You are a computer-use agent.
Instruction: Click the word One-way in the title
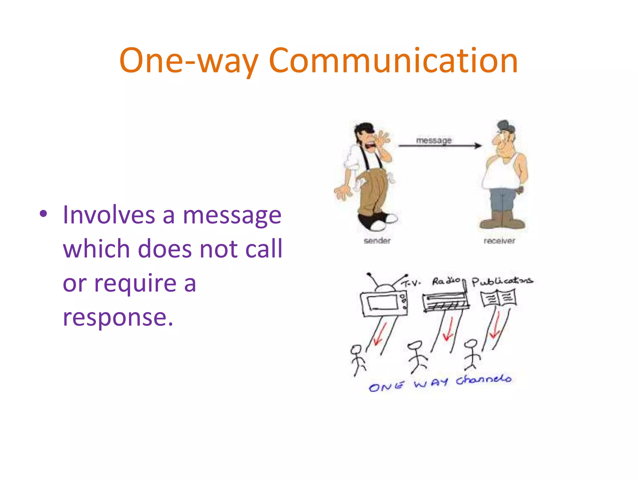coord(189,61)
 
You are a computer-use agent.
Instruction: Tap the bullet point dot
coord(43,214)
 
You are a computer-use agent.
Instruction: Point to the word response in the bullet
coord(118,317)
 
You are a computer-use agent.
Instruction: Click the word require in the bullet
coord(135,283)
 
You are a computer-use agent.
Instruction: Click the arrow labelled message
coord(440,146)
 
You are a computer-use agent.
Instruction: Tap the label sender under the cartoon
coord(377,240)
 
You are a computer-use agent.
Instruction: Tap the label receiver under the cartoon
coord(499,241)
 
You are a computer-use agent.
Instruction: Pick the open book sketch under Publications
coord(498,298)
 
